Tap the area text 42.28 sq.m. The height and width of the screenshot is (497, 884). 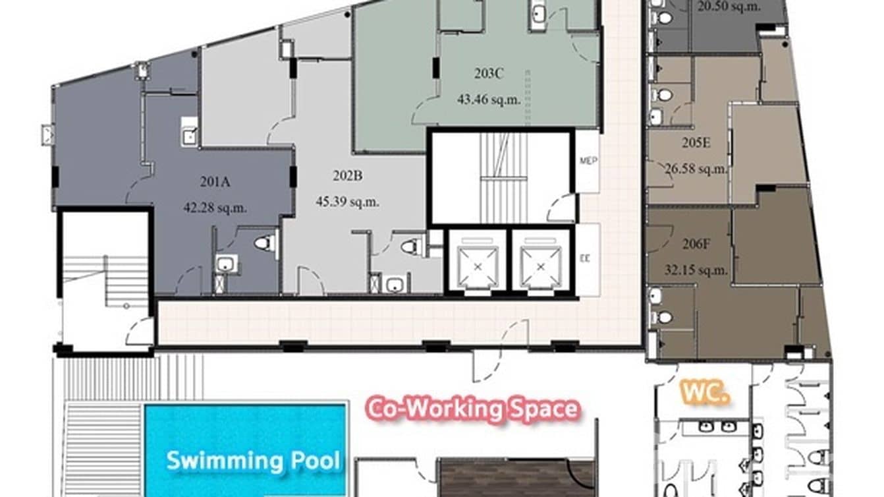click(215, 208)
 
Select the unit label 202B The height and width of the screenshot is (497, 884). click(347, 176)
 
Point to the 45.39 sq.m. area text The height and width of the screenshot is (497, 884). click(347, 202)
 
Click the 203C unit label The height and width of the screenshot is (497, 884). click(489, 73)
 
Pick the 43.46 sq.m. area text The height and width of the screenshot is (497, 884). click(489, 100)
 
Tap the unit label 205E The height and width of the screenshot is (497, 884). click(696, 142)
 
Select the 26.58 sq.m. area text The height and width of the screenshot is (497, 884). click(696, 169)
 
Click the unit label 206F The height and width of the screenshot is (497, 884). click(696, 244)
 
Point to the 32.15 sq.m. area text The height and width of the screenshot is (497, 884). click(696, 270)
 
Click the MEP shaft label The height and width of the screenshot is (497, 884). click(588, 161)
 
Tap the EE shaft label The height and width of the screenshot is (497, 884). click(585, 259)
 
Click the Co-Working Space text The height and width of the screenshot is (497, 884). click(474, 409)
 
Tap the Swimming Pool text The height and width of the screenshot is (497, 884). click(253, 460)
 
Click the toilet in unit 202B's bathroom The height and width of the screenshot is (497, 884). click(412, 247)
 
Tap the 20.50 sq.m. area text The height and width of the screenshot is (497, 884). click(729, 7)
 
